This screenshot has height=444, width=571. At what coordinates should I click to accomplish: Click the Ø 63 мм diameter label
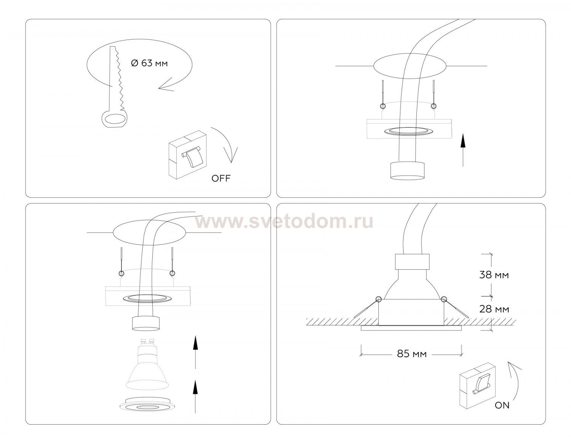(x=149, y=63)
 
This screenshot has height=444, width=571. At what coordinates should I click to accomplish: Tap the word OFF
(x=221, y=178)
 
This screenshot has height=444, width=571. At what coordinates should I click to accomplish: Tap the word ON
(x=502, y=406)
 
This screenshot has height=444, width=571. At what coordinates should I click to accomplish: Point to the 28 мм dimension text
(x=494, y=309)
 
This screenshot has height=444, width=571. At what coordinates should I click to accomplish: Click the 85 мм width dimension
(x=412, y=354)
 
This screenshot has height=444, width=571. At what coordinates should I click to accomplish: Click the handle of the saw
(x=114, y=119)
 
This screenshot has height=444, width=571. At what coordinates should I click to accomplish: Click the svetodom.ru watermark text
(x=284, y=222)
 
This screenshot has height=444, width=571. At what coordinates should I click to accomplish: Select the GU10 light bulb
(x=147, y=364)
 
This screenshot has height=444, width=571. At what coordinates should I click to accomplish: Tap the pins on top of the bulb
(x=147, y=341)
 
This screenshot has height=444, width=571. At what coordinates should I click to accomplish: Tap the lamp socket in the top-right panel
(x=407, y=171)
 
